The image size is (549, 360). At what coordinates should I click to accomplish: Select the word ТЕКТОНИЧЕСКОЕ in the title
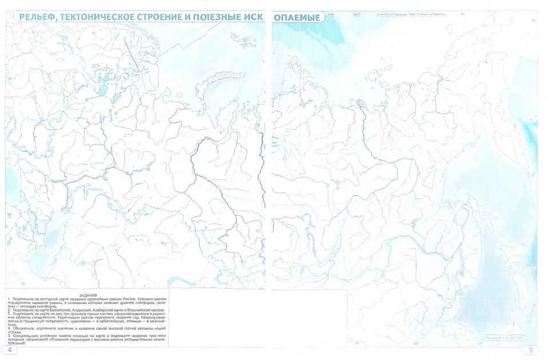pyautogui.click(x=102, y=17)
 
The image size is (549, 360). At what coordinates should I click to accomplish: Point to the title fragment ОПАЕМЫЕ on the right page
pyautogui.click(x=297, y=17)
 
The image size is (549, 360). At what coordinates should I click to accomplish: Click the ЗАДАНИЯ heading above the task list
pyautogui.click(x=88, y=295)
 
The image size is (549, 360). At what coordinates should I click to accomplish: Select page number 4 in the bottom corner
pyautogui.click(x=10, y=350)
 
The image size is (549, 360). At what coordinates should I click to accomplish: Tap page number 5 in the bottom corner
pyautogui.click(x=531, y=350)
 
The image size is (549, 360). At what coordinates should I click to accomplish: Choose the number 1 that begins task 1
pyautogui.click(x=9, y=299)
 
